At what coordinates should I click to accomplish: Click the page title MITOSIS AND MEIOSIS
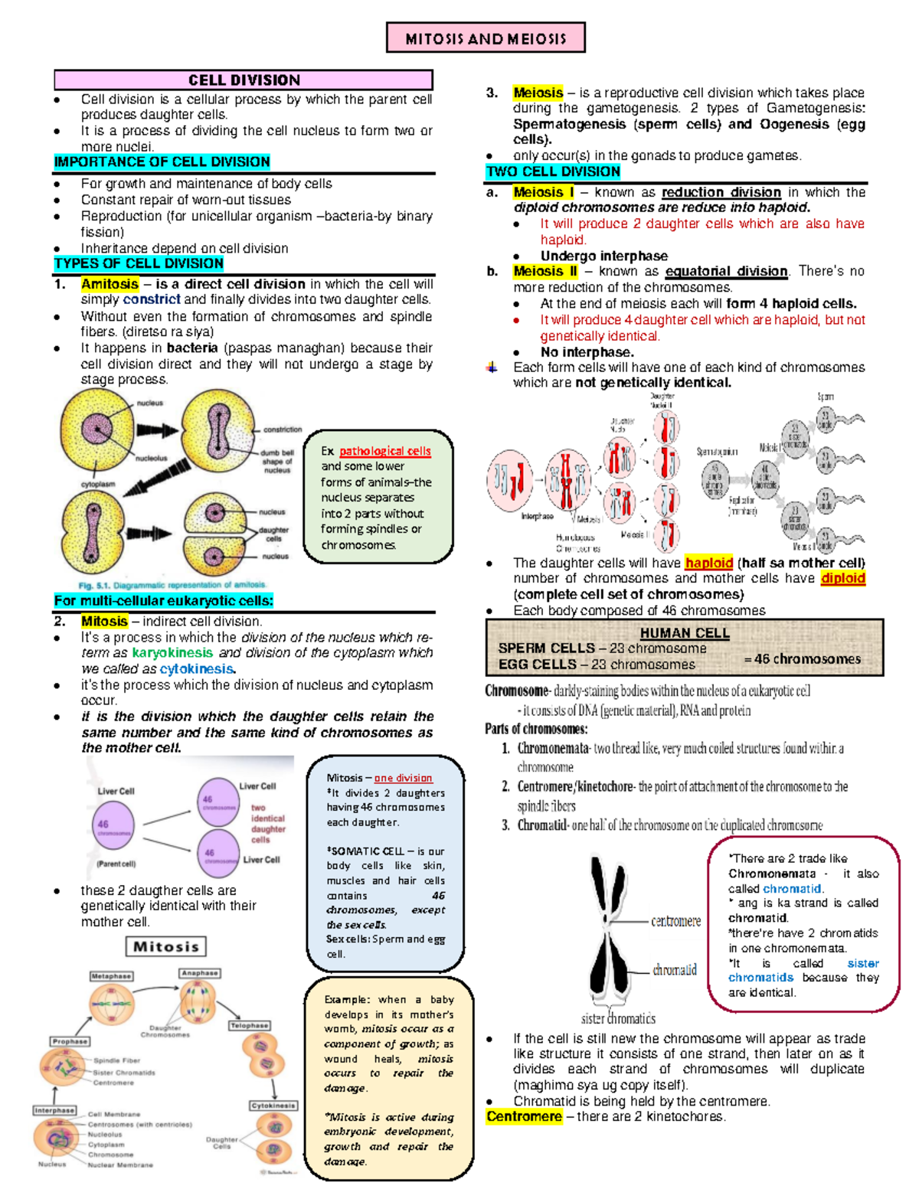pos(486,38)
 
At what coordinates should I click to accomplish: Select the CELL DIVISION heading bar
pos(244,80)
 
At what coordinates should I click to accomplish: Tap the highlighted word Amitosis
pos(110,284)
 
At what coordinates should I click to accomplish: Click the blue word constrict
pos(152,299)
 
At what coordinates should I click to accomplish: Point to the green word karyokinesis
pos(172,653)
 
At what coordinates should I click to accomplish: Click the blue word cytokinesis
pos(196,669)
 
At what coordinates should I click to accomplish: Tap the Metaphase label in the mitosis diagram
pos(112,976)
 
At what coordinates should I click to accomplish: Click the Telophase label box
pos(250,1025)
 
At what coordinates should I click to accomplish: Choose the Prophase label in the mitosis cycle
pos(70,1041)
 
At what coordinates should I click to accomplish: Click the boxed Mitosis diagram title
pos(165,947)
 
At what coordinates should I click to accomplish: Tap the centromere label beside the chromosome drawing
pos(675,921)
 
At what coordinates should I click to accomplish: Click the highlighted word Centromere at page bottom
pos(524,1117)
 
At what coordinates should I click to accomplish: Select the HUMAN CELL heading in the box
pos(685,633)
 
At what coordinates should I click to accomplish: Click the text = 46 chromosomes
pos(802,659)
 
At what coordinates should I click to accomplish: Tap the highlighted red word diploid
pos(842,579)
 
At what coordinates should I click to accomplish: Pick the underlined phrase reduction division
pos(721,193)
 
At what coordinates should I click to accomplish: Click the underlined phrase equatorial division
pos(726,271)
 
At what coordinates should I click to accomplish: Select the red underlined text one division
pos(403,778)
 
